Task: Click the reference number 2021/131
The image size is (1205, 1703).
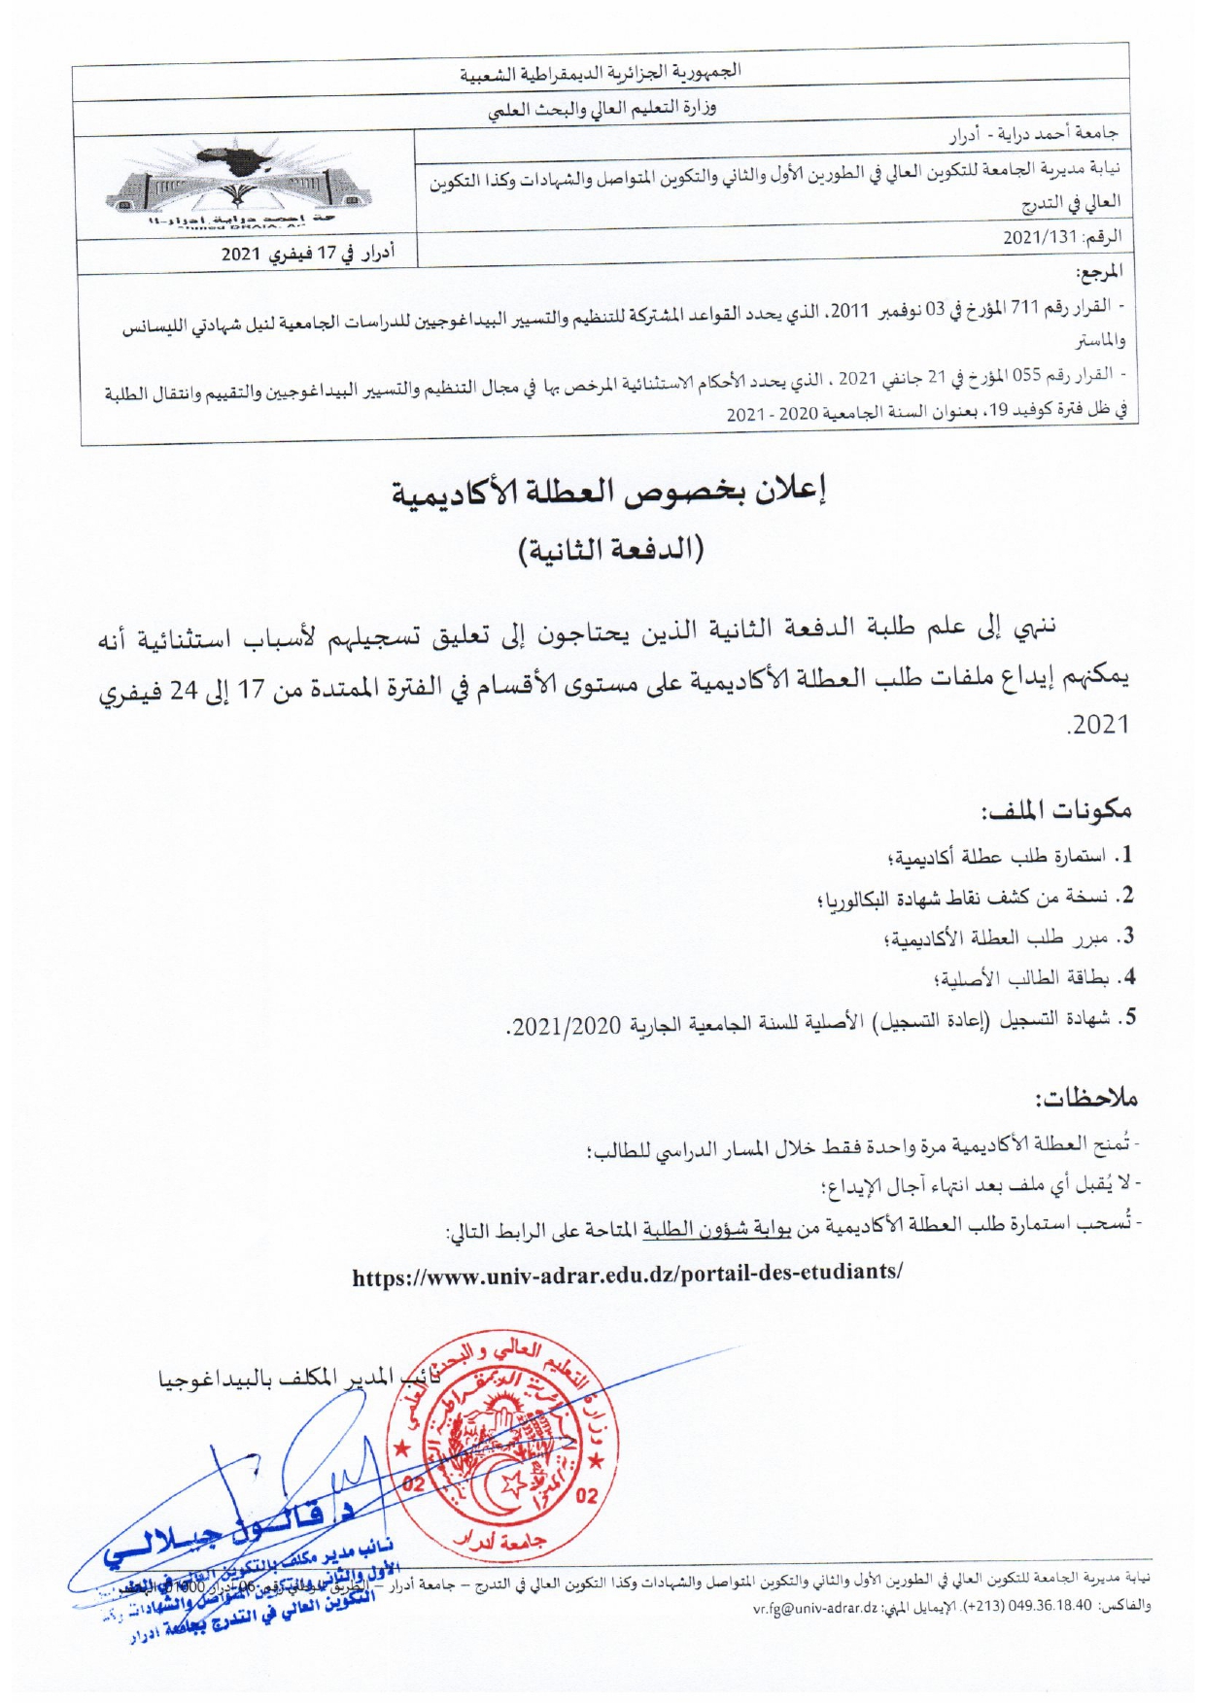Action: coord(1041,237)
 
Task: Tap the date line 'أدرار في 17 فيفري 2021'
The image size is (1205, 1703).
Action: coord(308,255)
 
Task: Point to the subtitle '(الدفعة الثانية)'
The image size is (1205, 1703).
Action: coord(609,550)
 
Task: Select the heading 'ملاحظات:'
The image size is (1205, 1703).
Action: coord(1085,1099)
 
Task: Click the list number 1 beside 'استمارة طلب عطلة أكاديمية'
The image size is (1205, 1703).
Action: coord(1124,857)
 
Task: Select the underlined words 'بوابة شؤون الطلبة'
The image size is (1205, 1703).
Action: coord(716,1229)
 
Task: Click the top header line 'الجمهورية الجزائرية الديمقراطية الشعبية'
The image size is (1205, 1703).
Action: coord(600,72)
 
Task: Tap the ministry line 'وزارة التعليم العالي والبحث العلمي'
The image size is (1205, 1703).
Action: coord(602,109)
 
